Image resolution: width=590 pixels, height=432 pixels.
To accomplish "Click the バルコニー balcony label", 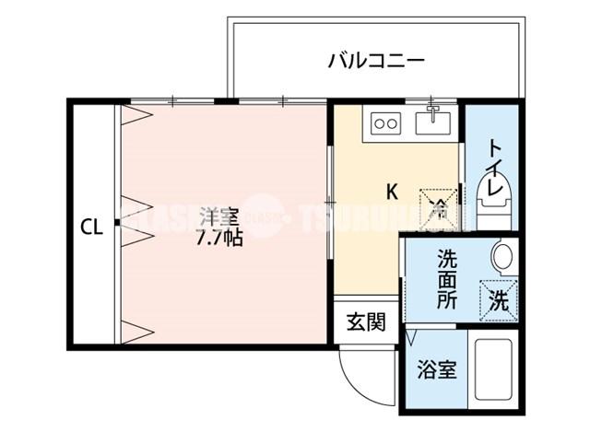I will pos(375,62).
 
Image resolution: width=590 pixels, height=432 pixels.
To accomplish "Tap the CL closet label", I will pos(89,226).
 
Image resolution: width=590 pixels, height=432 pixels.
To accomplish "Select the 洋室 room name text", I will pos(218,217).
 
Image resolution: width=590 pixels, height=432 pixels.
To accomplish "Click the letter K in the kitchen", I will pos(391,193).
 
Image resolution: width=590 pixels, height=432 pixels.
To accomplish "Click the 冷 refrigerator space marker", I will pos(440,204).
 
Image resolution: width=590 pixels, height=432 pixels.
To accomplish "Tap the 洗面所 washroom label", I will pos(447,278).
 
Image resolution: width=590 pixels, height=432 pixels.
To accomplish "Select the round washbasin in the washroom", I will pos(503,256).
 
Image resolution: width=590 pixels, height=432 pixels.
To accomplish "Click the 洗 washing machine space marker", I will pos(497,299).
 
